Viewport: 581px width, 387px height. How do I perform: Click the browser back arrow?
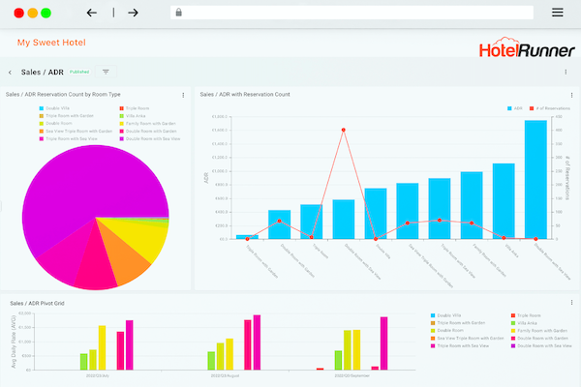[x=92, y=13]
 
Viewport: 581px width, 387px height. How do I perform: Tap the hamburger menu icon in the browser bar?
[x=557, y=13]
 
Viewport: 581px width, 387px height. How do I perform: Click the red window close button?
[x=19, y=14]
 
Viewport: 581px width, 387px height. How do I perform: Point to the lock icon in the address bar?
[x=177, y=13]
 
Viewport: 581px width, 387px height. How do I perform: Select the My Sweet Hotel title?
[x=51, y=44]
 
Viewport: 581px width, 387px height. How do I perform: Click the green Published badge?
[x=79, y=72]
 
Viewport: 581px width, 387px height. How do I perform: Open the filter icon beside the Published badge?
[x=106, y=72]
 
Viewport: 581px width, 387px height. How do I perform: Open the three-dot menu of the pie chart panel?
[x=183, y=95]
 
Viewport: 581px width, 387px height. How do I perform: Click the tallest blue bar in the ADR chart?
[x=535, y=179]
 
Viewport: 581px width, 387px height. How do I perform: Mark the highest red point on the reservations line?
[x=344, y=130]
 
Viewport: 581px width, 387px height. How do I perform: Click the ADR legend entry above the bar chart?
[x=515, y=109]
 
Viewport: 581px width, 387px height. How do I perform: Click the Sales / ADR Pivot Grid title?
[x=36, y=304]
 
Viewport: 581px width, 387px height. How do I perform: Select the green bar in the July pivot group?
[x=84, y=361]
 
